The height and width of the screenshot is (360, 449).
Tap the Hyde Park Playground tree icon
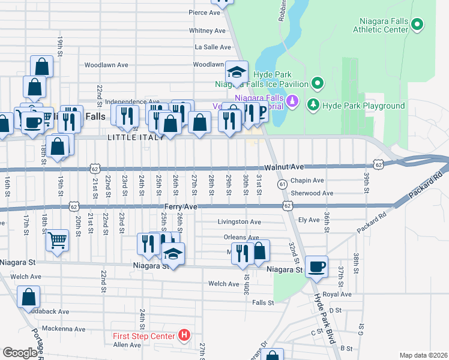click(x=313, y=106)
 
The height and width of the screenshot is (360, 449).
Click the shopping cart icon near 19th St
click(x=57, y=240)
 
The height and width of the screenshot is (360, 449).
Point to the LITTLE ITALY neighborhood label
click(x=135, y=137)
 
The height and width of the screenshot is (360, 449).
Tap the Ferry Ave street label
click(x=181, y=206)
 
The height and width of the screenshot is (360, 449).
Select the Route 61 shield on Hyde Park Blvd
click(x=281, y=184)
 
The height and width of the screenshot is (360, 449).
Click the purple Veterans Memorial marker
click(x=292, y=100)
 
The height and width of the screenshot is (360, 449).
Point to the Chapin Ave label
click(x=307, y=181)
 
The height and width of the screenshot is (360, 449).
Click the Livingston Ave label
click(x=239, y=221)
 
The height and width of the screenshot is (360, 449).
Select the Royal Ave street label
click(x=337, y=295)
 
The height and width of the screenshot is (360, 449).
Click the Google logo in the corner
click(x=20, y=353)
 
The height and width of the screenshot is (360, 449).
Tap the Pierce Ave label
click(x=205, y=13)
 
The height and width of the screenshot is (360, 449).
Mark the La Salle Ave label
click(x=209, y=46)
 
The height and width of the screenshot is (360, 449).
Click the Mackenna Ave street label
click(x=64, y=329)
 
